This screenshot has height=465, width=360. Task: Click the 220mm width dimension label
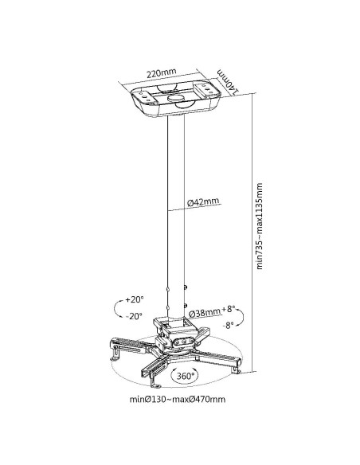[162, 72]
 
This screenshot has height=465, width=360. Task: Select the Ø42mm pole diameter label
[203, 202]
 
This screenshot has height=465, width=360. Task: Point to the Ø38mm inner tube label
[205, 313]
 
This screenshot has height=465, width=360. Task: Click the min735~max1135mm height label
[260, 226]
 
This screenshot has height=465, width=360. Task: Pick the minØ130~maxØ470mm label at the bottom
[178, 399]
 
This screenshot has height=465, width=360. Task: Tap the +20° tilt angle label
[135, 299]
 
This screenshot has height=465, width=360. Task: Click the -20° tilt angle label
[134, 316]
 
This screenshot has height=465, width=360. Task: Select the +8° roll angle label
[229, 309]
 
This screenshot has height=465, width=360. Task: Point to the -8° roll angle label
[229, 325]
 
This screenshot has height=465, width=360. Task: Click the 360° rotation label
[186, 376]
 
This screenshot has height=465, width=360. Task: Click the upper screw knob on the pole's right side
[186, 287]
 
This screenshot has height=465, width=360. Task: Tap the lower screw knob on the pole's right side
[186, 306]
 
